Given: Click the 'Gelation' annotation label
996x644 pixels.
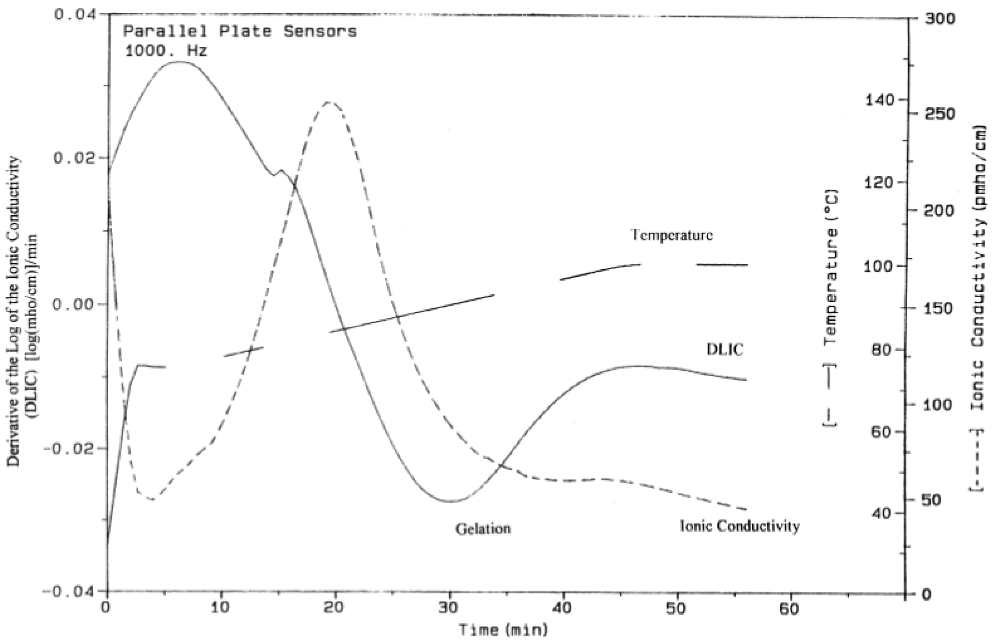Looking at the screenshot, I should [x=483, y=529].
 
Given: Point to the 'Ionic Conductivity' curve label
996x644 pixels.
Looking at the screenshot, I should [x=740, y=526].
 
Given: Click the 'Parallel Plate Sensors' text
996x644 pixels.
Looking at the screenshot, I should [x=240, y=31].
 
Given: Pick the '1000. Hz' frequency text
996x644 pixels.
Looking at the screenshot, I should [x=166, y=51].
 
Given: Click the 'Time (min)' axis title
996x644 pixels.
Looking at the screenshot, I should [x=503, y=630].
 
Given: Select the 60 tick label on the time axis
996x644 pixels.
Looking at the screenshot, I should [x=791, y=608].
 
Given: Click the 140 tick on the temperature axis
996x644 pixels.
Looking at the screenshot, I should [x=878, y=100].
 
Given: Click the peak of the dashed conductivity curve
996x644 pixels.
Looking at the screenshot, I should [x=329, y=102].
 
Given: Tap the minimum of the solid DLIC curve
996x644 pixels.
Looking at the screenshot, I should [x=450, y=501].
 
